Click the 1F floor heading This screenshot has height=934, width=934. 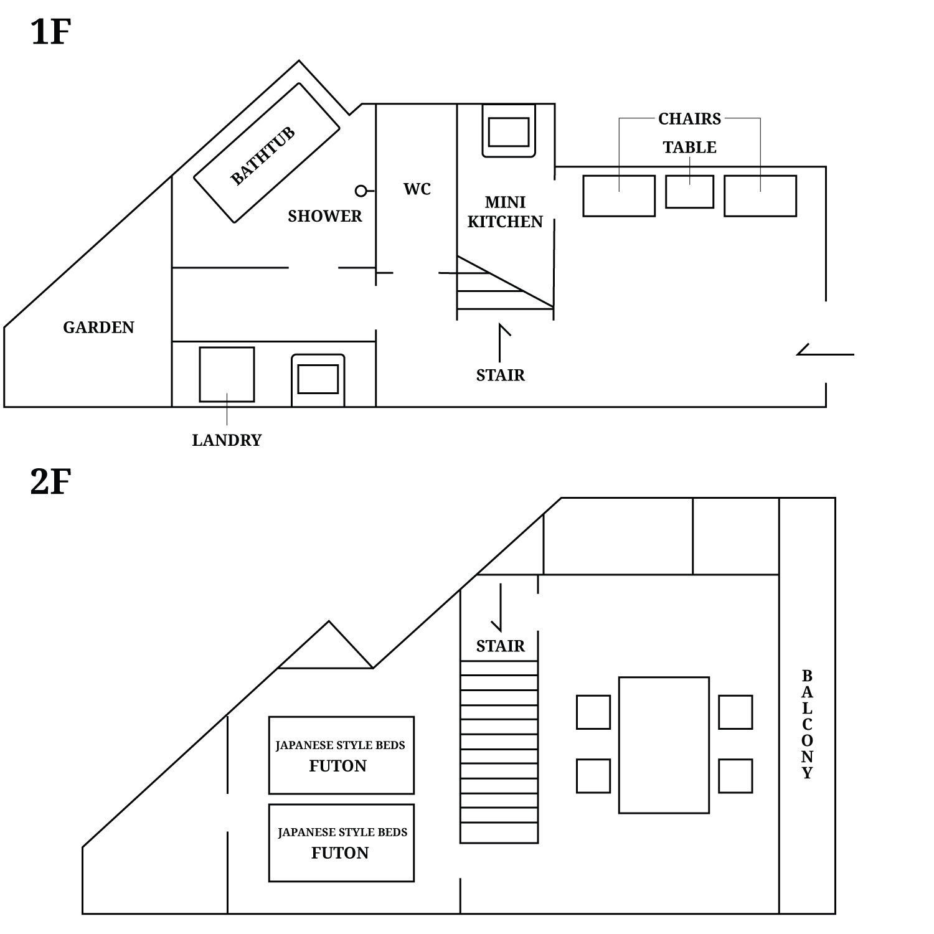(50, 32)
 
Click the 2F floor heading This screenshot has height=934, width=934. (50, 481)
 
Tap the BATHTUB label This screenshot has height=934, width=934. (262, 156)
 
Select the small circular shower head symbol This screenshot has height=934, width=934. (361, 191)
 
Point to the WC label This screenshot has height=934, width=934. (417, 189)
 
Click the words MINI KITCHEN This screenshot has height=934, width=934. (505, 212)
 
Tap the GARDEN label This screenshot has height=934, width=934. (98, 328)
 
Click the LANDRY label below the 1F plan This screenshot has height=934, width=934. (227, 440)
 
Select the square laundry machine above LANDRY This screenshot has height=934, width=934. (227, 374)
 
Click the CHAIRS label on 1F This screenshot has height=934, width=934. (689, 118)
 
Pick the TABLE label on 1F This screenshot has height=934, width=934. (689, 148)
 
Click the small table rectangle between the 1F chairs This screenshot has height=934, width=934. (689, 192)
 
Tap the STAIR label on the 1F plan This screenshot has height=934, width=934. (500, 375)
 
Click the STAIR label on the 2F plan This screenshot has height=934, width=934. (500, 646)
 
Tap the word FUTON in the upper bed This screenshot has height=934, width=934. (338, 766)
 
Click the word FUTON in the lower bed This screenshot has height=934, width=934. (340, 853)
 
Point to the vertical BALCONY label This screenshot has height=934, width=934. (807, 724)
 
